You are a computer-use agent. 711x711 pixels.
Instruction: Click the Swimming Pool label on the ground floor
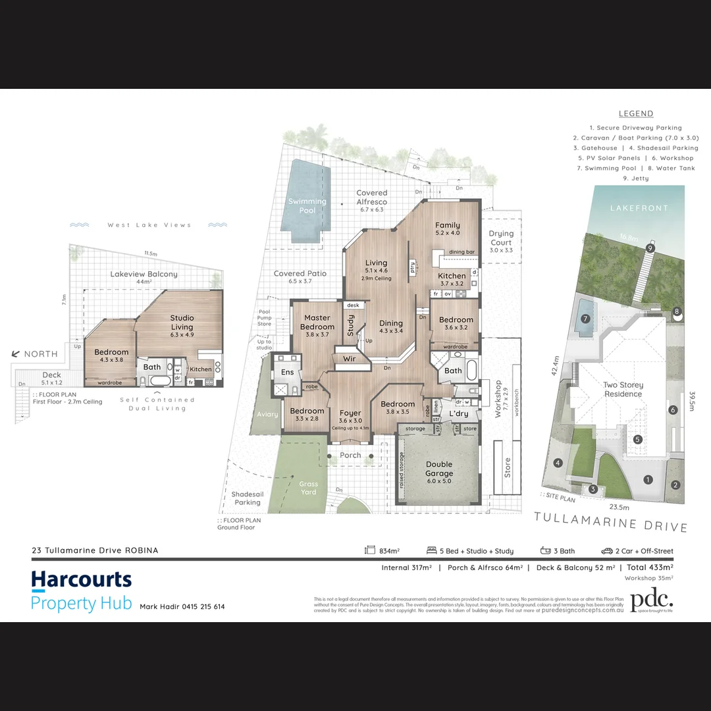click(x=307, y=206)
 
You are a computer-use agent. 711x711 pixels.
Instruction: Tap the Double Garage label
click(x=439, y=469)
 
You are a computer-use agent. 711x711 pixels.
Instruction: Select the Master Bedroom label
click(x=317, y=323)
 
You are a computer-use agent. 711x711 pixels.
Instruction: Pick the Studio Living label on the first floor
click(x=182, y=323)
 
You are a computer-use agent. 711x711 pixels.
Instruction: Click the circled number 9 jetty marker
click(x=650, y=248)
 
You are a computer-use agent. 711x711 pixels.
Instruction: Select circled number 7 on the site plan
click(x=585, y=319)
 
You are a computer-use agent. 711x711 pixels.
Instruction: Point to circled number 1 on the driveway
click(x=648, y=480)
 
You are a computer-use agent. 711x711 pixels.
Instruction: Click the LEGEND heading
click(x=636, y=114)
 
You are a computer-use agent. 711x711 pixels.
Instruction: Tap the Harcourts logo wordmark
click(x=82, y=580)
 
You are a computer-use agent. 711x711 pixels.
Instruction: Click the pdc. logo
click(x=652, y=600)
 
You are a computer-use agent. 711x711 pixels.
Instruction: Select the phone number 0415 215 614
click(x=201, y=606)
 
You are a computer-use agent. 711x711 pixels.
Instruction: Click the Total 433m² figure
click(x=650, y=567)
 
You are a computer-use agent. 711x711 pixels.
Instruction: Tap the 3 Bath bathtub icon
click(x=545, y=550)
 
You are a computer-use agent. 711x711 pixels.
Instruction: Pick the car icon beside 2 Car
click(x=606, y=550)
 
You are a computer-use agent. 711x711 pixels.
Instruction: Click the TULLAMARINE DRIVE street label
click(x=611, y=522)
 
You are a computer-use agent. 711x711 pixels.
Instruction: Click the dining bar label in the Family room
click(x=461, y=252)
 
